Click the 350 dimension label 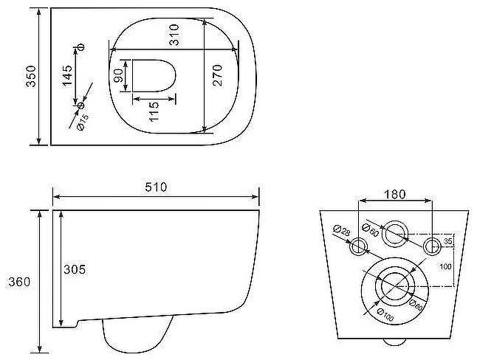coord(31,76)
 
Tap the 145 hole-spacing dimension coord(67,76)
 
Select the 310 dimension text coord(174,35)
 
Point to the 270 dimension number coord(217,75)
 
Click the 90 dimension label coord(118,76)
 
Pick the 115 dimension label coord(154,111)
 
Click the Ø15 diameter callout coord(83,122)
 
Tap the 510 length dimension coord(156,187)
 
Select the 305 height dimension coord(75,269)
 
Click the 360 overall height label coord(19,282)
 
